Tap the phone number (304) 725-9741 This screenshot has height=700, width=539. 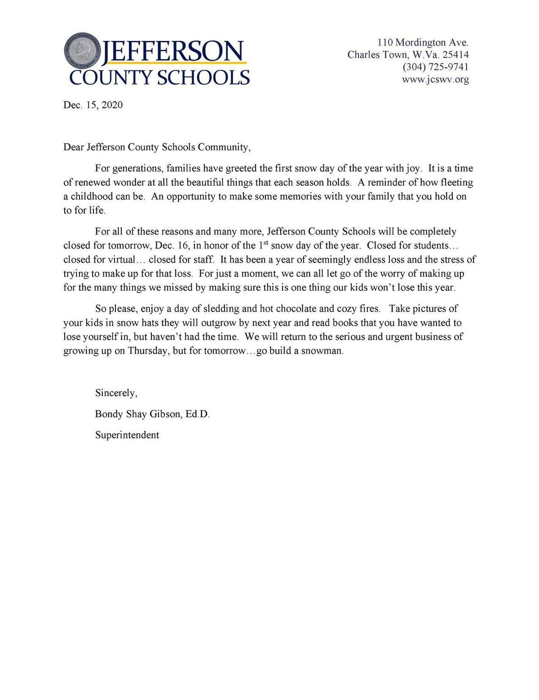click(435, 67)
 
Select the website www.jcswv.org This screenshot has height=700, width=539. click(435, 79)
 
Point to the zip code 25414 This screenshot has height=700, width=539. click(455, 55)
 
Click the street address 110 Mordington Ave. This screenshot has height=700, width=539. click(423, 43)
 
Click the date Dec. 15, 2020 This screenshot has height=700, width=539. click(93, 105)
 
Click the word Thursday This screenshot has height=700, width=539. click(148, 351)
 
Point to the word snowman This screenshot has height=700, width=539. click(322, 351)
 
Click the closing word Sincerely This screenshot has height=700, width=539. click(116, 393)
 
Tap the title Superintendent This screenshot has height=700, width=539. click(127, 435)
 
